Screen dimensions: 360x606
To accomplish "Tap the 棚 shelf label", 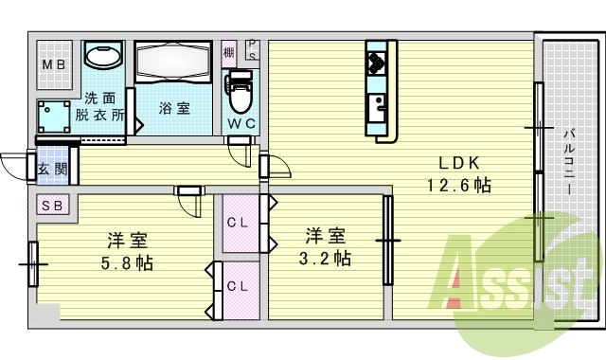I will click(x=229, y=52).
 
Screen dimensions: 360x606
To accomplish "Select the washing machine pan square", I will click(x=53, y=117).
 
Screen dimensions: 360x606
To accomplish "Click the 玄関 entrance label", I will click(x=52, y=171).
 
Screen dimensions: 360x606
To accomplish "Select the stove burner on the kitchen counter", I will click(x=376, y=63).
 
